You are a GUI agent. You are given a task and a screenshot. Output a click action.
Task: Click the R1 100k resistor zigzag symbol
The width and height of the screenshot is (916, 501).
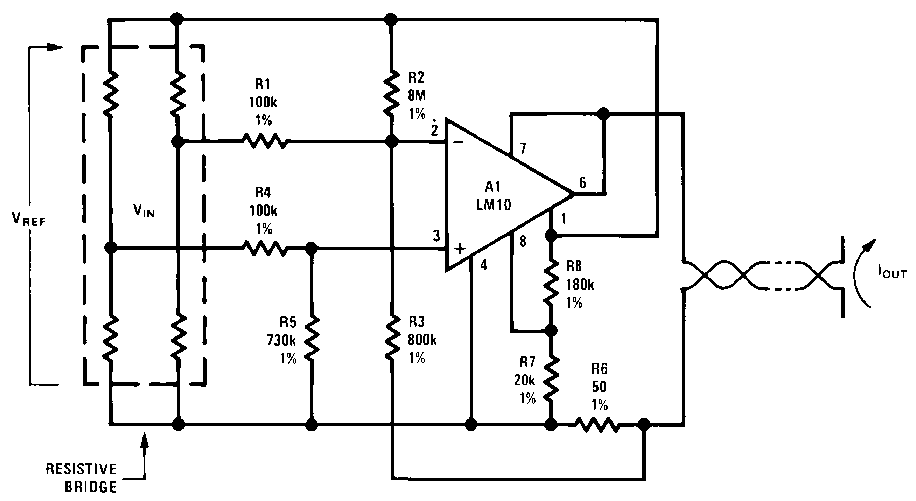click(264, 141)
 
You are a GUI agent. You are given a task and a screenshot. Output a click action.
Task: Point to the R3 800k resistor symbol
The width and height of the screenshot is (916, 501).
click(392, 339)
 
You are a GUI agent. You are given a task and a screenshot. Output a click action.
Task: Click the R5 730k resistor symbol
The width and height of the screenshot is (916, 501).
click(312, 339)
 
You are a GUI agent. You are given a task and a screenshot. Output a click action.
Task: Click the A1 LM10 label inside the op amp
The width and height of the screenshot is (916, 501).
click(494, 196)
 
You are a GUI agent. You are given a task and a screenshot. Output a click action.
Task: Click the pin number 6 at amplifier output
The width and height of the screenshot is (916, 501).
click(582, 183)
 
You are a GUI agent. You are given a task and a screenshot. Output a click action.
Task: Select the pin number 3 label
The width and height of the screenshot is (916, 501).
click(436, 236)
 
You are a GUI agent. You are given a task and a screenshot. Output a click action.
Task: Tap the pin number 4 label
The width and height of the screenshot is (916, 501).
click(484, 265)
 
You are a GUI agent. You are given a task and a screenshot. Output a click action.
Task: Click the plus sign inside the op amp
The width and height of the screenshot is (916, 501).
click(460, 249)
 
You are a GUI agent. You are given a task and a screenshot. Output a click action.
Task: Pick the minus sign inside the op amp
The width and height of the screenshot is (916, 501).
click(459, 142)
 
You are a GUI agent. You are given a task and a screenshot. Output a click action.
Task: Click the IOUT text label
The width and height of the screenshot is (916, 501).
click(892, 273)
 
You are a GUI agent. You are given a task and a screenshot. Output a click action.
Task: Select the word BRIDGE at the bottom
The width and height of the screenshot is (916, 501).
click(91, 487)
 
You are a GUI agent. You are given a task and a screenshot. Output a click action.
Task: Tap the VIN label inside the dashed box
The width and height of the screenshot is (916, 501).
click(144, 211)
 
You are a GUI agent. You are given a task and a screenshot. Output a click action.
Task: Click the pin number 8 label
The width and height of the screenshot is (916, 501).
click(523, 242)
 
